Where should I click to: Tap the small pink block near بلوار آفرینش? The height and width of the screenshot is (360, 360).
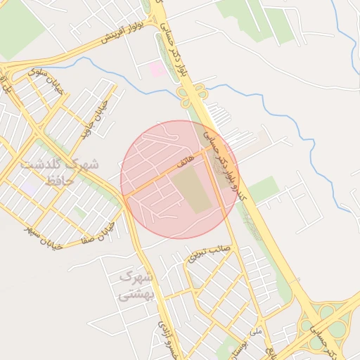(157, 69)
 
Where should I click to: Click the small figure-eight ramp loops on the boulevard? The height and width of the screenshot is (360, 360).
(198, 91)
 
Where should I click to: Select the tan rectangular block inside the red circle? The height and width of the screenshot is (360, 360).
(192, 190)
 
